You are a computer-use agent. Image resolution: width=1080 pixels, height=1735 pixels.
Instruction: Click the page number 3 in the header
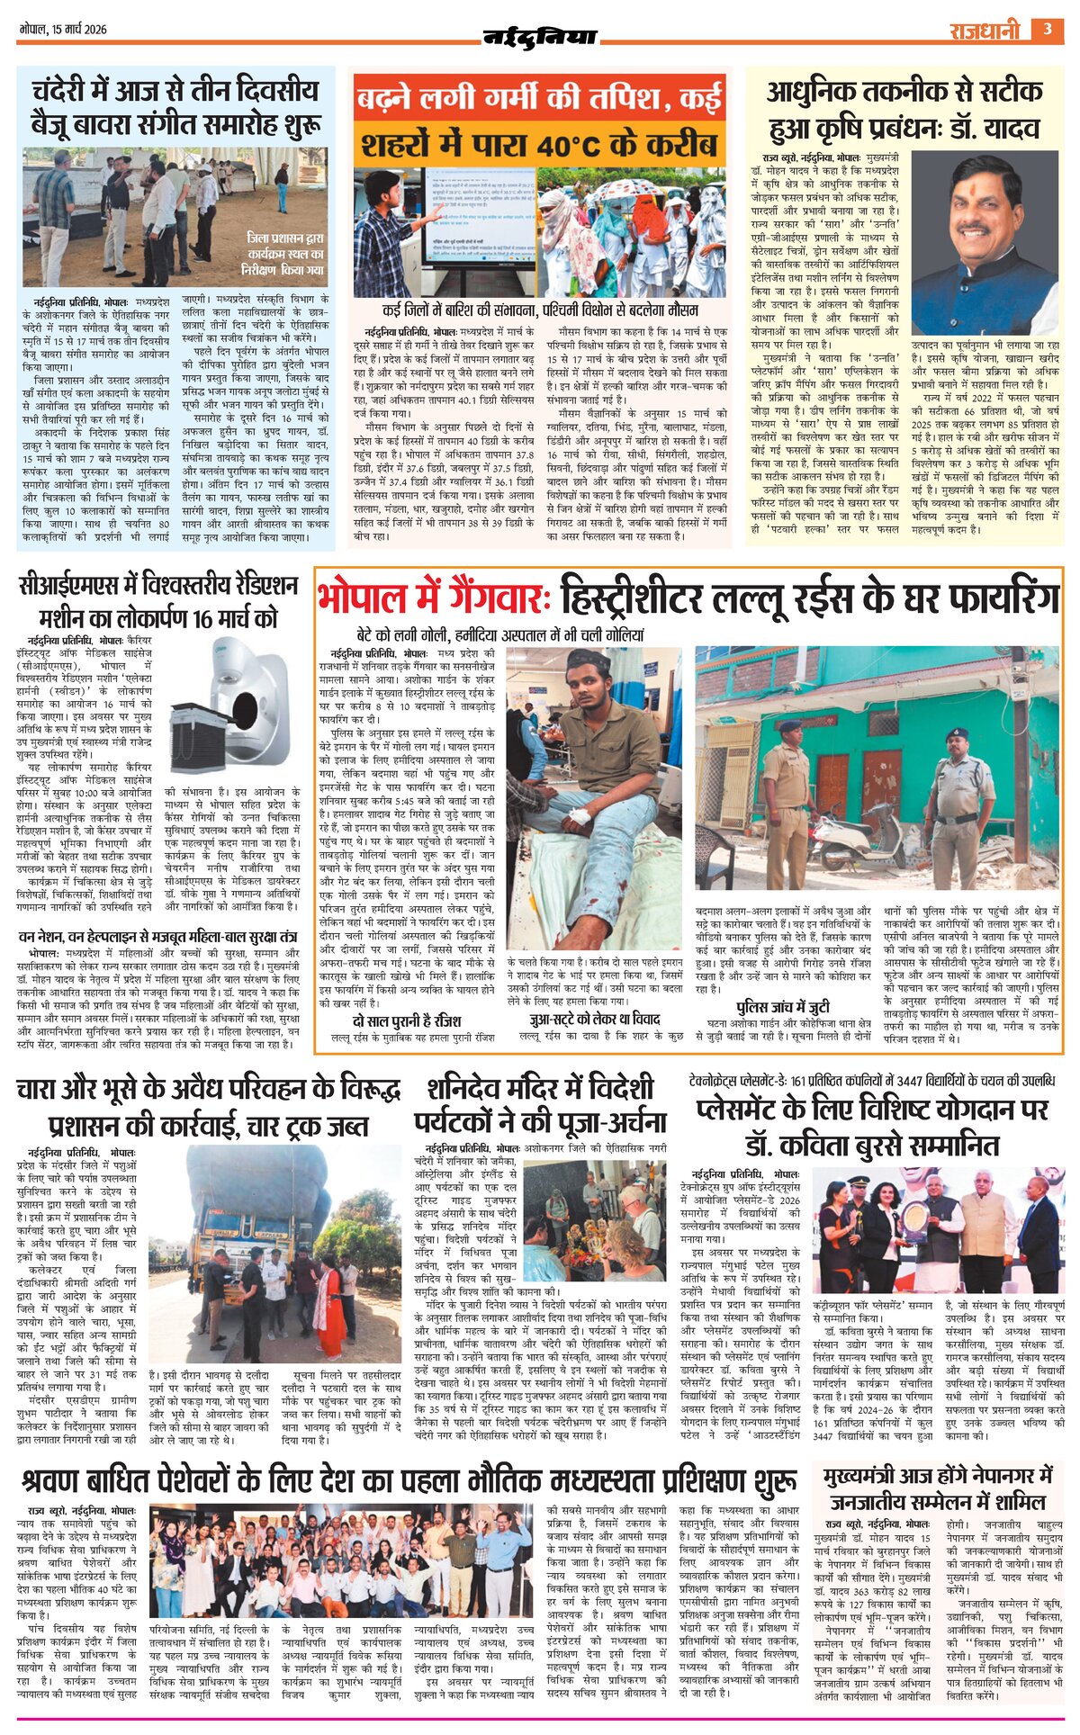(x=1047, y=29)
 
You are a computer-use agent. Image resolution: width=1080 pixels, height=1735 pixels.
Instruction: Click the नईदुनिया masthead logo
(x=540, y=37)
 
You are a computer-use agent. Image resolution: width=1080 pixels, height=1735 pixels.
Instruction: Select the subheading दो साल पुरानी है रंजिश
(x=407, y=1020)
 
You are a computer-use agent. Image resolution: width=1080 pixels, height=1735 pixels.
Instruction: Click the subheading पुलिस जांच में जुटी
(x=782, y=1007)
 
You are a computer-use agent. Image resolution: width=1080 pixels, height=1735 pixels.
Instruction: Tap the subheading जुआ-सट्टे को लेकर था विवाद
(x=595, y=1019)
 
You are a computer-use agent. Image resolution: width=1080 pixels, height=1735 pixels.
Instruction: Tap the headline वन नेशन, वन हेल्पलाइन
(x=157, y=937)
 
